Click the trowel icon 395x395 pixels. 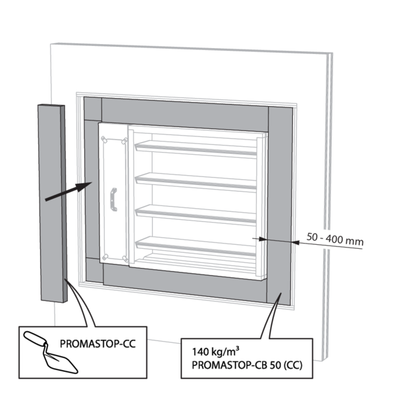pyautogui.click(x=51, y=352)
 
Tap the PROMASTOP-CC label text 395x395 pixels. pyautogui.click(x=97, y=344)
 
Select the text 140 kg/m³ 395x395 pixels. pyautogui.click(x=216, y=352)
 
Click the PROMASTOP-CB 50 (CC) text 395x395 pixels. pyautogui.click(x=247, y=365)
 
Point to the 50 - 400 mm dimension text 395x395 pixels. pyautogui.click(x=335, y=239)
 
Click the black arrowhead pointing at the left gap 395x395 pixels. pyautogui.click(x=85, y=186)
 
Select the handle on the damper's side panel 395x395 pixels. pyautogui.click(x=114, y=199)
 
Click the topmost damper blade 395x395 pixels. pyautogui.click(x=196, y=149)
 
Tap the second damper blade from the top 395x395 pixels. pyautogui.click(x=196, y=182)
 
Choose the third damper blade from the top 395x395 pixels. pyautogui.click(x=196, y=215)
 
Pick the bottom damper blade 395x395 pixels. pyautogui.click(x=196, y=246)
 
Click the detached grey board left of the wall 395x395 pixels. pyautogui.click(x=53, y=203)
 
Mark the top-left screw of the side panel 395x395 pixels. pyautogui.click(x=104, y=140)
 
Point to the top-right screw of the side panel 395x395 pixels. pyautogui.click(x=124, y=141)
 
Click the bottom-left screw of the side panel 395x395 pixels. pyautogui.click(x=105, y=257)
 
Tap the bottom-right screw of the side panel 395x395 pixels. pyautogui.click(x=125, y=259)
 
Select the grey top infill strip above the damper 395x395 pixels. pyautogui.click(x=185, y=115)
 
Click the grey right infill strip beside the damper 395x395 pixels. pyautogui.click(x=280, y=206)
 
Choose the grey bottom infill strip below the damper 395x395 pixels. pyautogui.click(x=185, y=282)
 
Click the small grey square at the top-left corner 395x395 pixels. pyautogui.click(x=93, y=109)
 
